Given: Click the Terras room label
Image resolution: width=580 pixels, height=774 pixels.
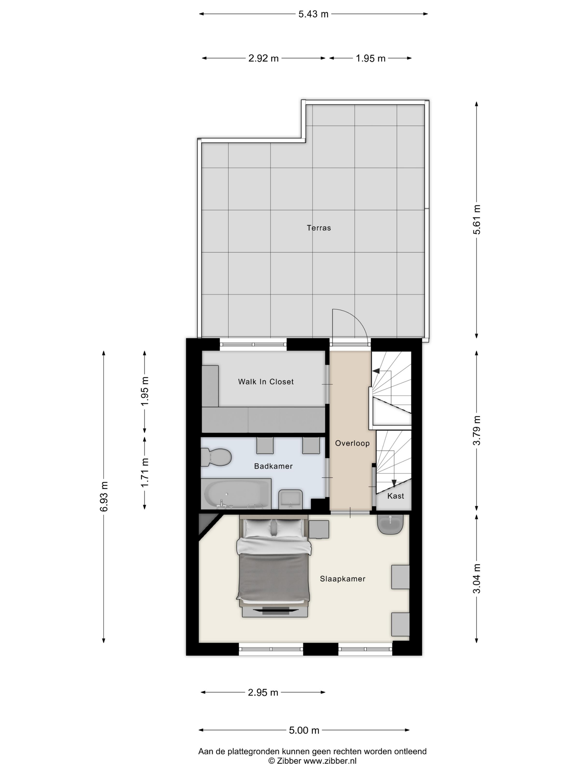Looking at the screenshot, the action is pyautogui.click(x=318, y=228).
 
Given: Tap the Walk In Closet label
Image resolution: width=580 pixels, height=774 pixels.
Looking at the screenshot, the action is pyautogui.click(x=266, y=382).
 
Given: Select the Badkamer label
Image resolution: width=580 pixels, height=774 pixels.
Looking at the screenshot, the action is pyautogui.click(x=273, y=466).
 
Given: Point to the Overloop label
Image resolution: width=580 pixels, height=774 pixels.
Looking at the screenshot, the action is pyautogui.click(x=352, y=443).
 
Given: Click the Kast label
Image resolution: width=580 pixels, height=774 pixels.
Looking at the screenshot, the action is pyautogui.click(x=396, y=496).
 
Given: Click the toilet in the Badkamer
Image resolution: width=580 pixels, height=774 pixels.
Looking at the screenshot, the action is pyautogui.click(x=216, y=457).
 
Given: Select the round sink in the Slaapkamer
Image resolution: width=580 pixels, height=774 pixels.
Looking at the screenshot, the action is pyautogui.click(x=391, y=524).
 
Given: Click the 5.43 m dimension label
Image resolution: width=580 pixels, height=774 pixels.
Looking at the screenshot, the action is pyautogui.click(x=313, y=14).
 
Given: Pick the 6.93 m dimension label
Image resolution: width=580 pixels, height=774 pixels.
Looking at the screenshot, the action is pyautogui.click(x=104, y=496).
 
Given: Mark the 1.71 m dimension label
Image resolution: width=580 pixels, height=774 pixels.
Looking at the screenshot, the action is pyautogui.click(x=145, y=472).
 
